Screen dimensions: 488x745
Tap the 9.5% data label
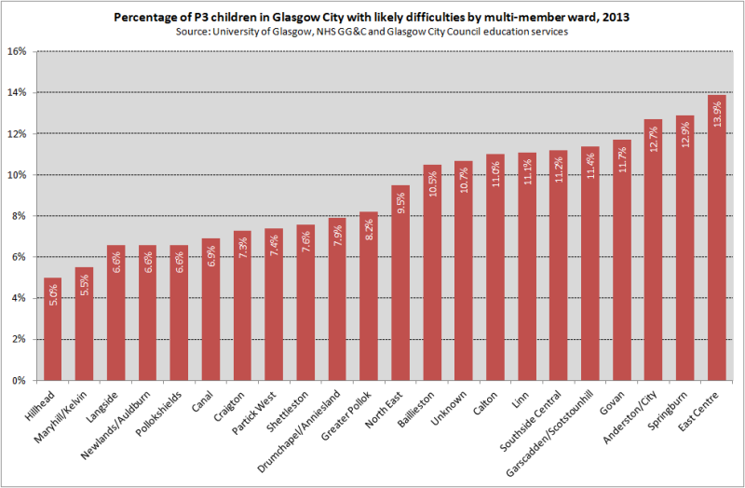pos(400,201)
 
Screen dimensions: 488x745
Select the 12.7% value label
pos(654,135)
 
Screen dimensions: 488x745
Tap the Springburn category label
pos(675,405)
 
